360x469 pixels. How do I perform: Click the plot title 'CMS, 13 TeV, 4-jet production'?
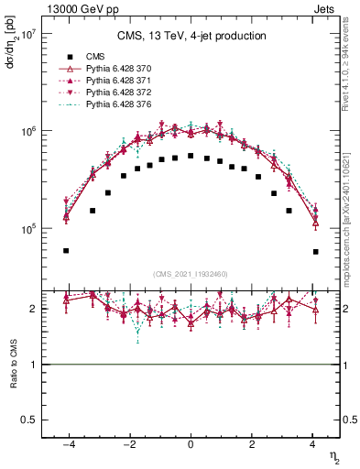point(191,37)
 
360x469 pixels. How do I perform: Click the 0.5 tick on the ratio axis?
point(27,420)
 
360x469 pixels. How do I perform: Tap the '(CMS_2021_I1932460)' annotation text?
point(191,273)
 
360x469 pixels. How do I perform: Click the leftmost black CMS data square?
point(66,250)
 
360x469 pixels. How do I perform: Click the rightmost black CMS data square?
point(315,251)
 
